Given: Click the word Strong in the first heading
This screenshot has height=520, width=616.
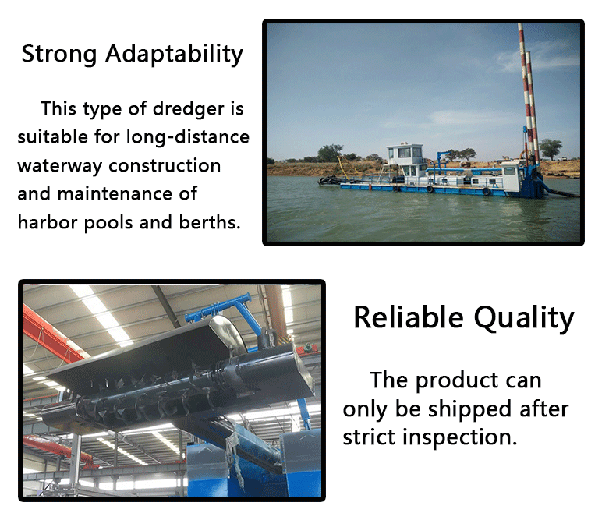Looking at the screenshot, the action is pos(59,55).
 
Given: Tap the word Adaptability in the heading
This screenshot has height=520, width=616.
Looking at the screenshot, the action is pos(175,55).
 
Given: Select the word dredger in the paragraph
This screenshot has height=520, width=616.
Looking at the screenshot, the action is pos(188,109).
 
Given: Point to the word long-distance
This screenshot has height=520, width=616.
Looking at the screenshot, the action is pos(188,137).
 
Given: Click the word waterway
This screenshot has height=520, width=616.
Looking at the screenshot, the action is pos(60,166).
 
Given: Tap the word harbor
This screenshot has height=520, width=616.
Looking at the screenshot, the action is pos(47,222).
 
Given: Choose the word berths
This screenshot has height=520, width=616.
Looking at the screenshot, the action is pos(210,222).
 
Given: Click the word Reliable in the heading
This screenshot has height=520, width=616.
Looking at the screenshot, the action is pos(409,317).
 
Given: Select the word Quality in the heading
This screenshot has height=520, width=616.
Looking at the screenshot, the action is pos(524,319).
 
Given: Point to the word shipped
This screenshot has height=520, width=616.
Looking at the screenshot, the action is pos(469,409).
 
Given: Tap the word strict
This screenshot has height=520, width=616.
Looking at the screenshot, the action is pos(369,437).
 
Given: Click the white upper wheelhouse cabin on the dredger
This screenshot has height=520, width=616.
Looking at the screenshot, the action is pos(405,154).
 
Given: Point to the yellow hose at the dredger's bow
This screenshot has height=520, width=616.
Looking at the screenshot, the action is pos(348,167).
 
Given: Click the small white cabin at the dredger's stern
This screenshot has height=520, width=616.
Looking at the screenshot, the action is pos(512,178).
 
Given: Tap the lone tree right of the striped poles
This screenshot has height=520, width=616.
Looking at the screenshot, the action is pos(551,149).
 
